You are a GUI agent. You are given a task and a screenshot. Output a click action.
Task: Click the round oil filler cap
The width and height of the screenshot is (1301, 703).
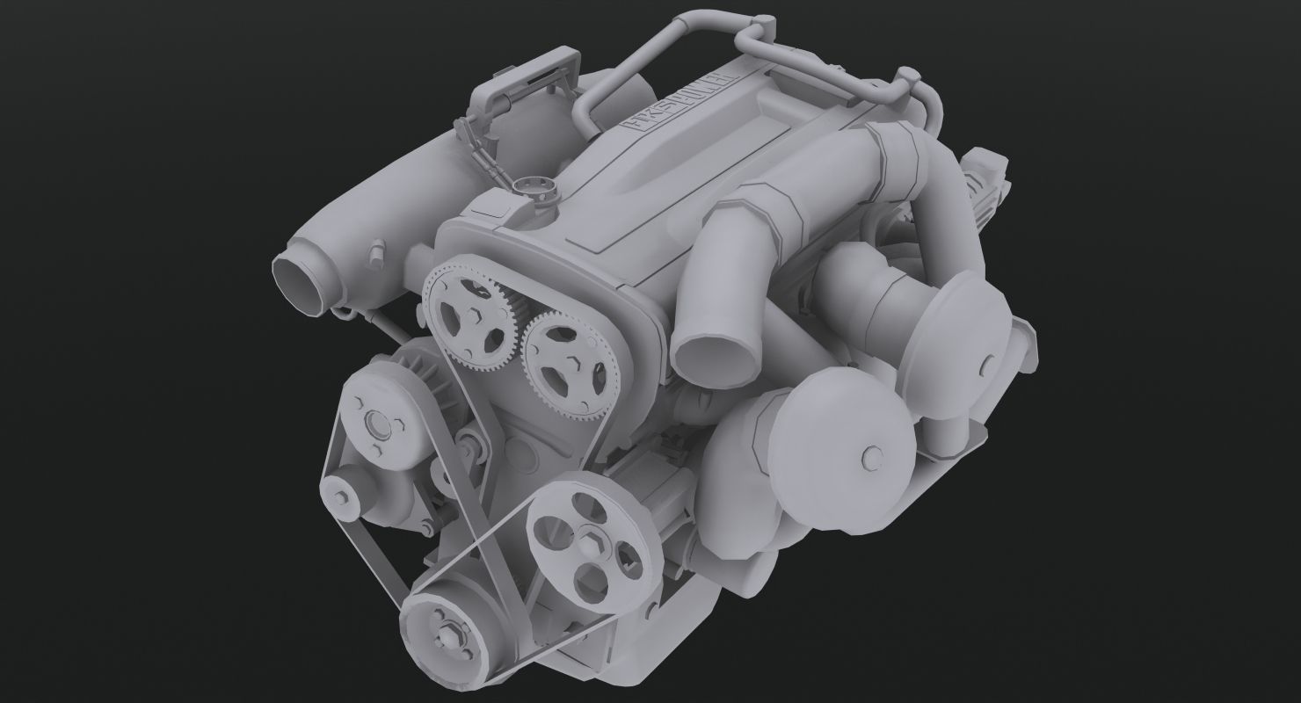(529, 186)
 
